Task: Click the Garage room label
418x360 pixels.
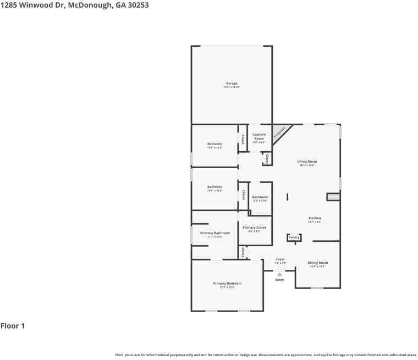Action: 232,84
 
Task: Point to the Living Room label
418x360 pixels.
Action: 307,162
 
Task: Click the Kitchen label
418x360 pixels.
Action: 314,218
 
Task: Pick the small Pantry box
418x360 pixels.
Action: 294,237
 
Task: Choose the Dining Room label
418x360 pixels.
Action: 318,263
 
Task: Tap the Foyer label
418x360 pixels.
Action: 280,259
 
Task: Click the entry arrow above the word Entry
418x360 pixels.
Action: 279,273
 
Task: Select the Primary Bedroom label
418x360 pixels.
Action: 227,284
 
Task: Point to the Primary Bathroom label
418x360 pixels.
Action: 215,233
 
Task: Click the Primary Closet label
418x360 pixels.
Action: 254,228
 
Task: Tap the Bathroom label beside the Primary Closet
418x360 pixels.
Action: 260,197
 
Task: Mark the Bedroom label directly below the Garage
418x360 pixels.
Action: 215,144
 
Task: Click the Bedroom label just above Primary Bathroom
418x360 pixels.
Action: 215,187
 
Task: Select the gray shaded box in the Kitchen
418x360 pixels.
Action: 333,196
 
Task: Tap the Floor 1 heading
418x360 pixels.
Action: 13,326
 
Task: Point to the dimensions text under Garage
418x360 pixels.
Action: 232,87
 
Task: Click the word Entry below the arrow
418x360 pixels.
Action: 279,280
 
